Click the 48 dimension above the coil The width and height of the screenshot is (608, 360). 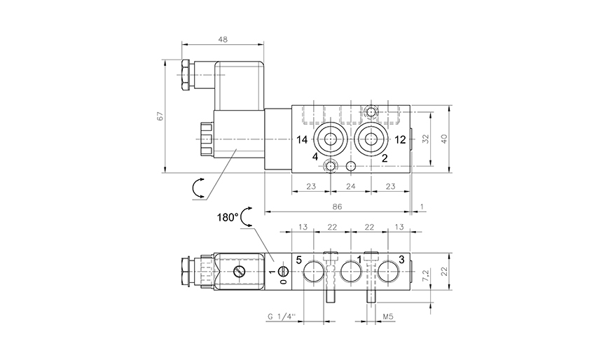coord(222,39)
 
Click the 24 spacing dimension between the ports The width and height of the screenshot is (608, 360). coord(351,186)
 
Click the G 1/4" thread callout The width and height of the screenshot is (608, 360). coord(279,317)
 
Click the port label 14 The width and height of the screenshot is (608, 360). coord(301,139)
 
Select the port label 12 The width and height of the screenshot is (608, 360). coord(400,139)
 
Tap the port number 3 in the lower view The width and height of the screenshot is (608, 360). coord(401,260)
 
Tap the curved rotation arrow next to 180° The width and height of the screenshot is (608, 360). coord(246,219)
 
